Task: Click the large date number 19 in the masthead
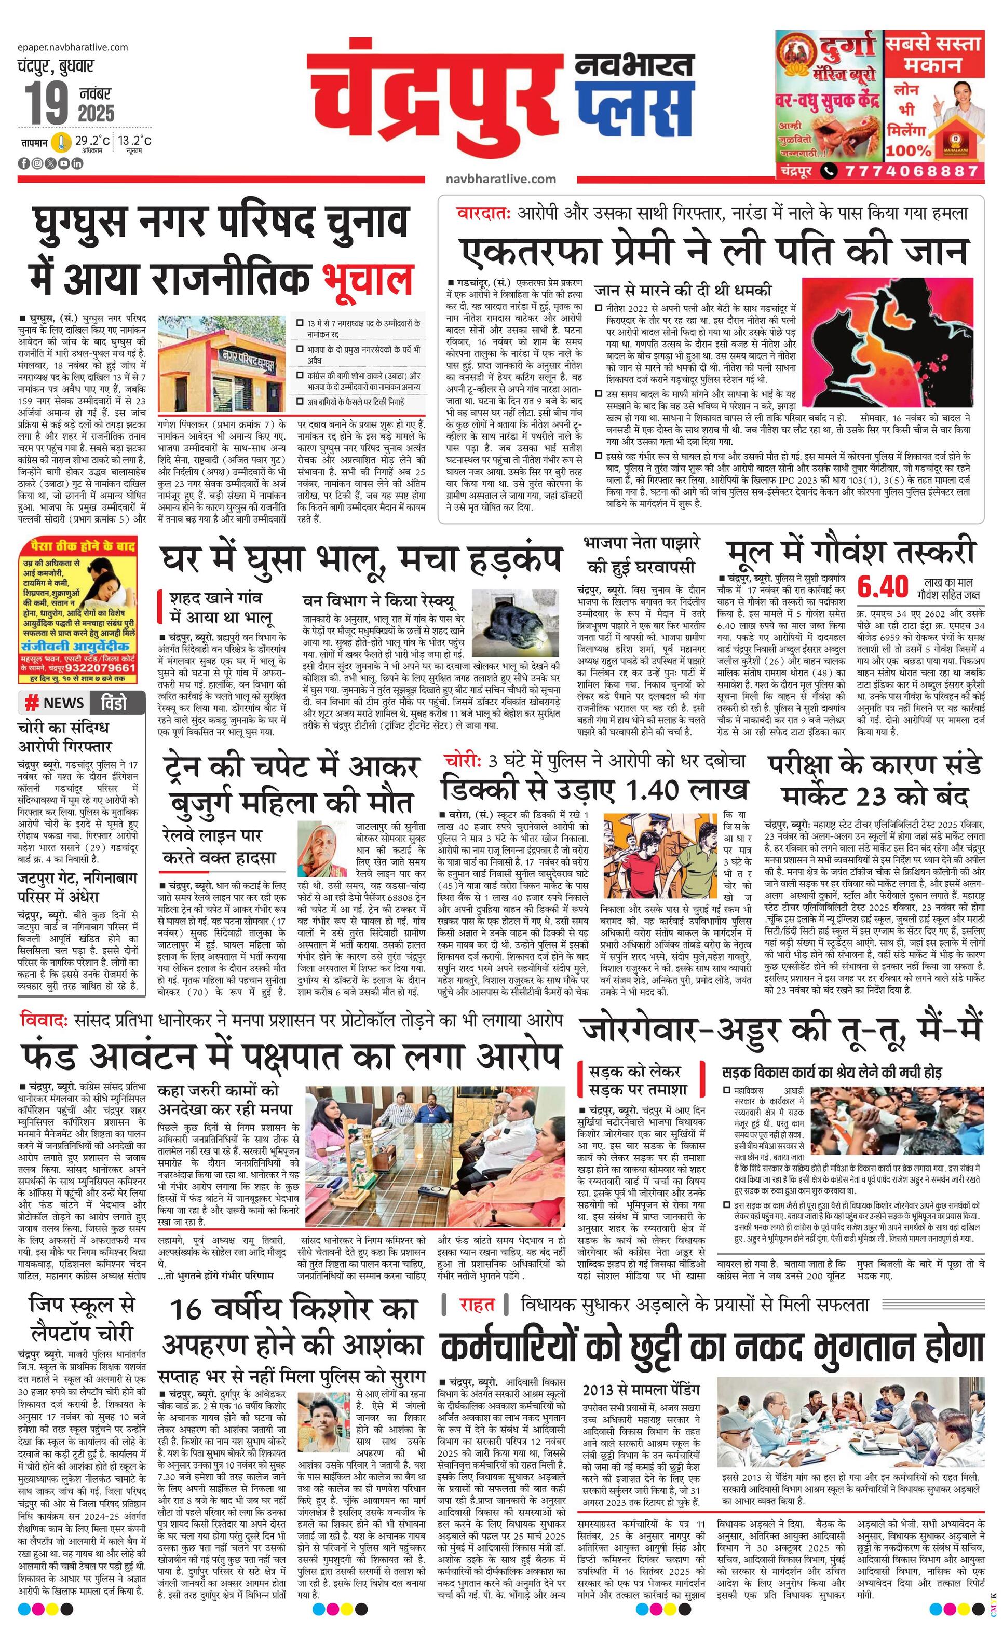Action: coord(47,104)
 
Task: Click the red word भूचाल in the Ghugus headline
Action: coord(367,279)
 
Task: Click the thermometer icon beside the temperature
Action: coord(62,142)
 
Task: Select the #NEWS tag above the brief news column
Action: coord(54,703)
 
